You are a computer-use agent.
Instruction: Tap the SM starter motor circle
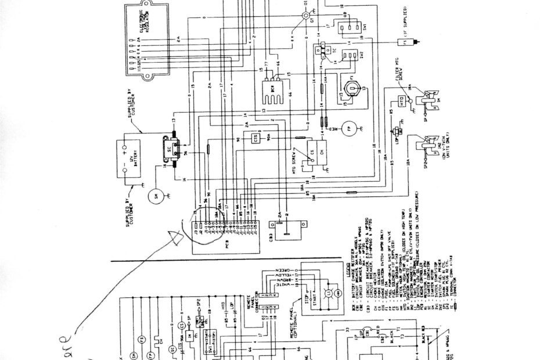[x=156, y=197]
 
